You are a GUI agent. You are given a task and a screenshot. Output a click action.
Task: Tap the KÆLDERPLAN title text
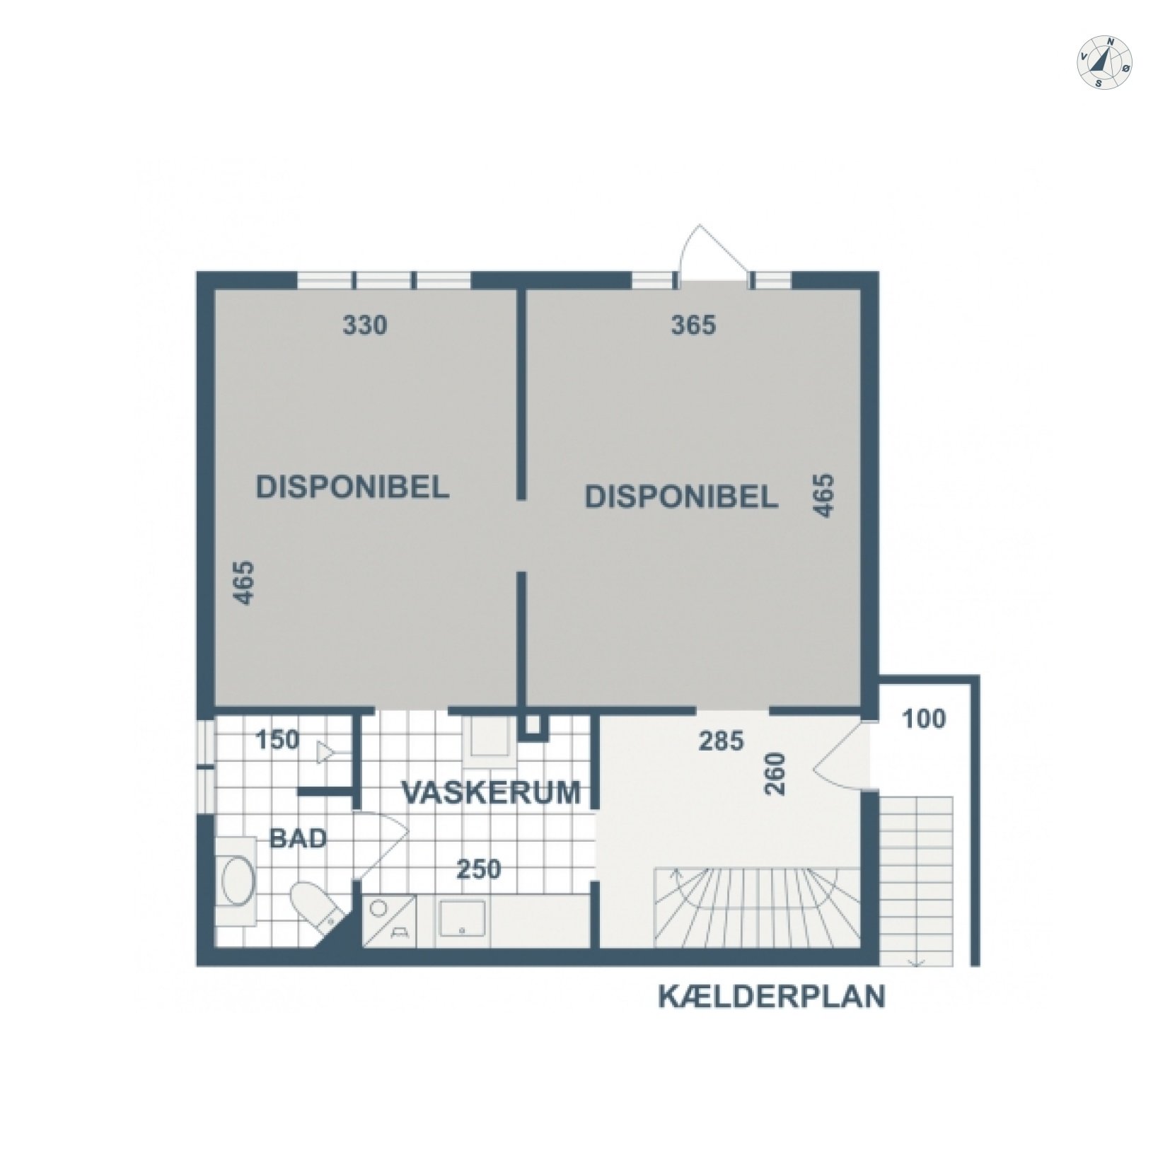coord(772,997)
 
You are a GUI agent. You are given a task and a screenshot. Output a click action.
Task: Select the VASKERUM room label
coord(492,792)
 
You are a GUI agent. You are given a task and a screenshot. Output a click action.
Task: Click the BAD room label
coord(299,839)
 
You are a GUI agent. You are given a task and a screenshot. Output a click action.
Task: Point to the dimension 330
coord(365,325)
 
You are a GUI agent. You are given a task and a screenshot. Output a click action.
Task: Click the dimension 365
coord(693,325)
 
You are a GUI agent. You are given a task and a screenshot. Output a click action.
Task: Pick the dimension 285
coord(722,741)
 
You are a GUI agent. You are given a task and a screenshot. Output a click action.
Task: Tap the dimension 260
coord(776,774)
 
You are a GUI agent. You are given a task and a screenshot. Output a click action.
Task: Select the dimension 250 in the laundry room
coord(479,869)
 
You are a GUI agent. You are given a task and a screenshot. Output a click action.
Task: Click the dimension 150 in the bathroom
coord(278,740)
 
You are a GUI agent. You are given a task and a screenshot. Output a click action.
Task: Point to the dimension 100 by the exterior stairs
coord(925,719)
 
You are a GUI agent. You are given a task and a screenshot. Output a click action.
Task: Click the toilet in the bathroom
coord(315,906)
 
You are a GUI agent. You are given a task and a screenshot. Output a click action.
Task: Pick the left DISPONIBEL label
coord(352,488)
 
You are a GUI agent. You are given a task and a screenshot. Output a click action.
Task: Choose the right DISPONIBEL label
coord(681,497)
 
